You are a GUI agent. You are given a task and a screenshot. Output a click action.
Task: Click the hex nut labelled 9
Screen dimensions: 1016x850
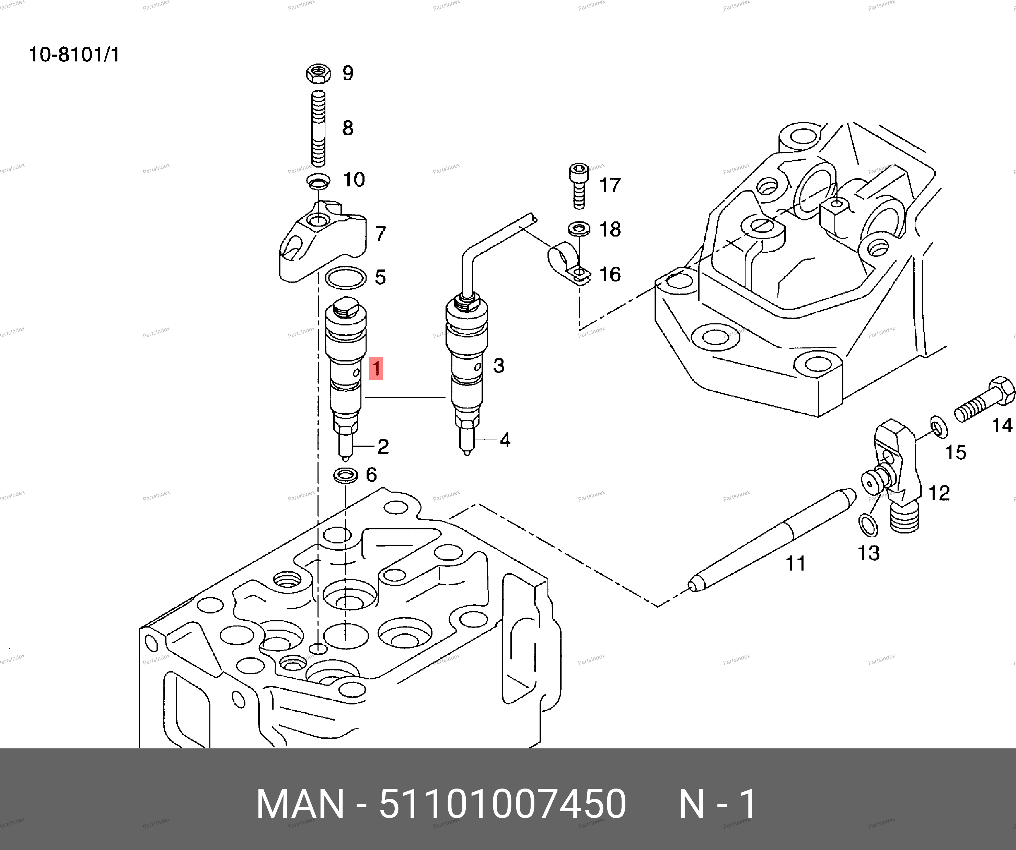318,73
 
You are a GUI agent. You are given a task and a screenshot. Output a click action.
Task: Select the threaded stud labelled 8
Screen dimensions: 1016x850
318,128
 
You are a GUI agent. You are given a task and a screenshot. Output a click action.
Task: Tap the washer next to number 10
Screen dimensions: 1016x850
318,181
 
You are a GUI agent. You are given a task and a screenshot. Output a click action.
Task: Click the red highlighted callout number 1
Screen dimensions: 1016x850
376,369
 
